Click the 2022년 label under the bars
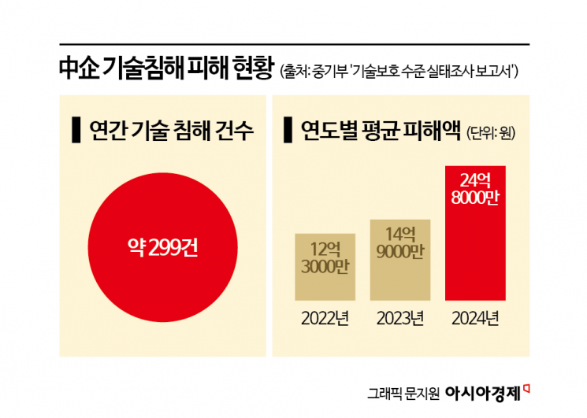click(x=325, y=319)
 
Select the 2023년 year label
click(x=401, y=319)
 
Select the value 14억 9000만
click(x=401, y=243)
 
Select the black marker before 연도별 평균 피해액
click(x=288, y=130)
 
